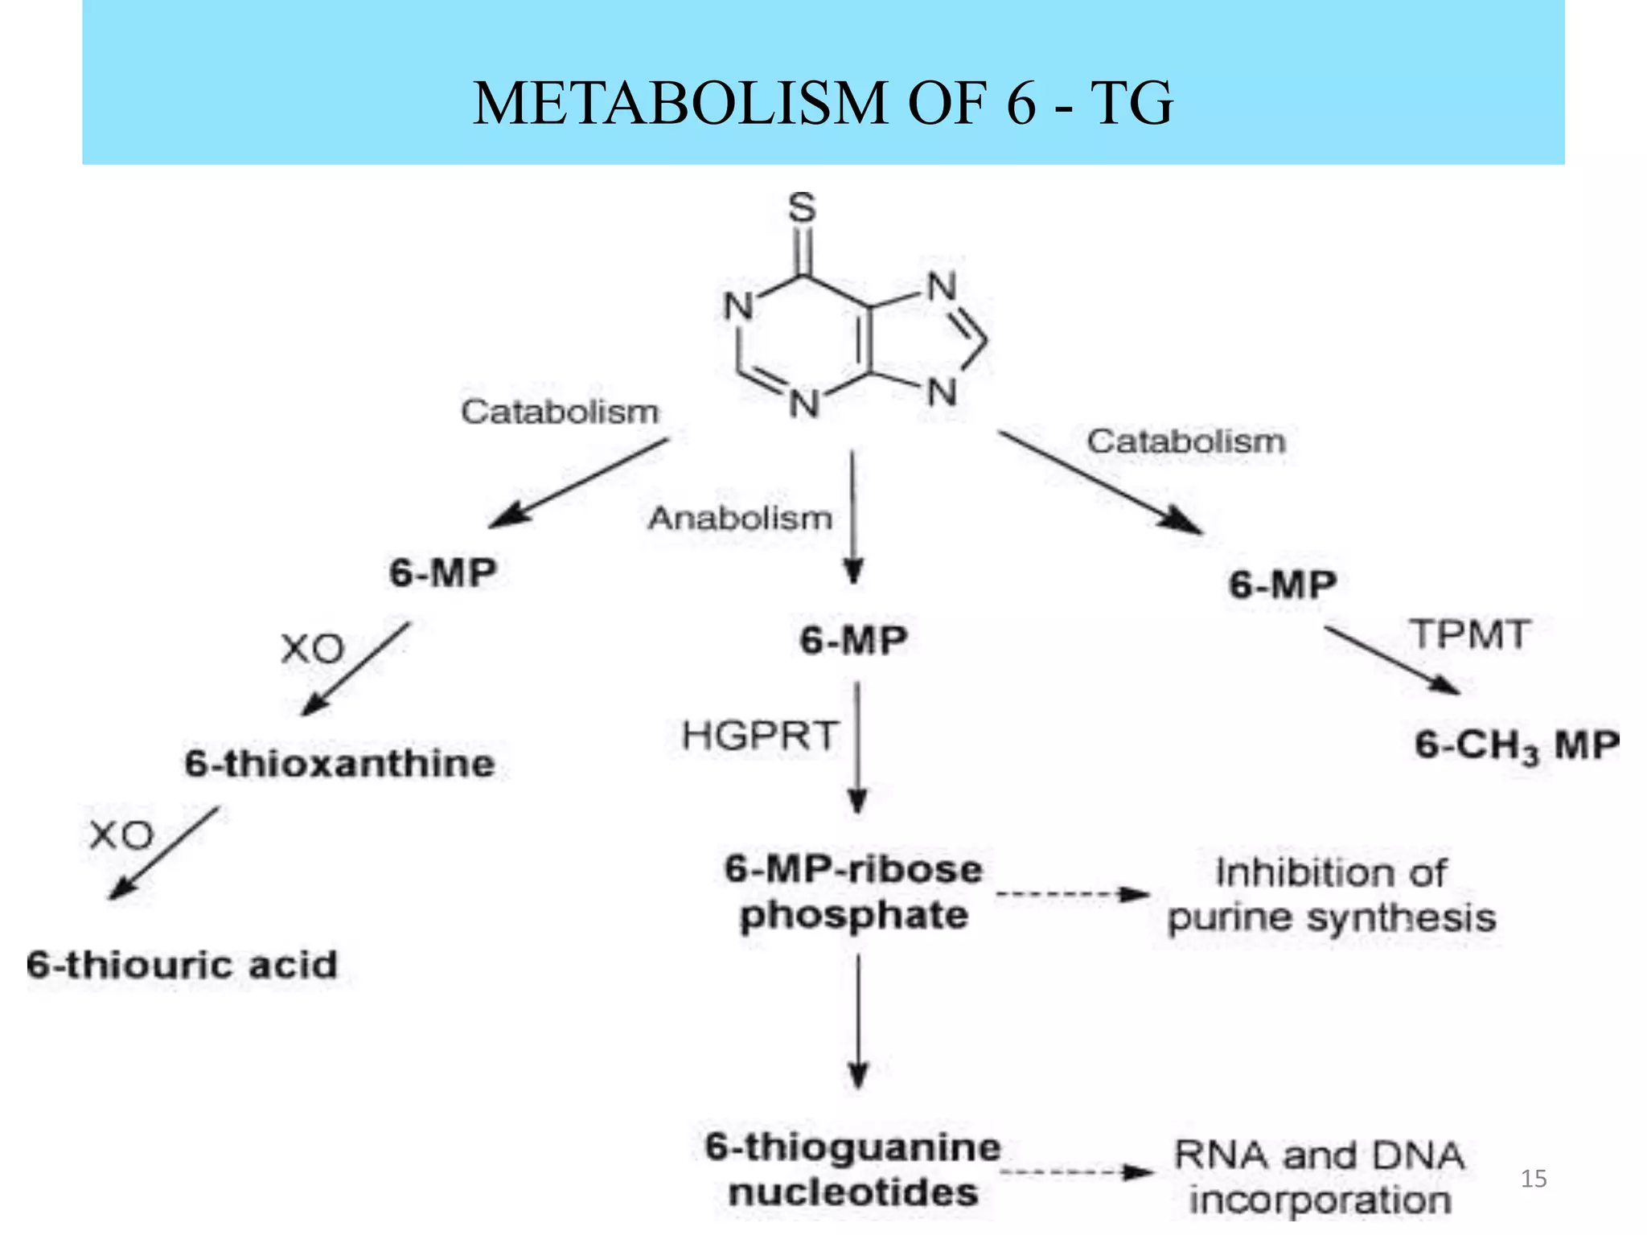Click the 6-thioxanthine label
339,763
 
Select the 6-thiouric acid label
182,965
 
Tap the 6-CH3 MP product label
1517,745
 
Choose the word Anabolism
740,519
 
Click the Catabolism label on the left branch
560,412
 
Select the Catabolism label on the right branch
1186,441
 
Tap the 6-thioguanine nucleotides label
853,1170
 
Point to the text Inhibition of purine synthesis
1331,895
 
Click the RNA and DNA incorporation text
1320,1178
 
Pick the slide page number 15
1534,1179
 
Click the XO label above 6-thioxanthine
313,648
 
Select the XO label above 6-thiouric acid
121,835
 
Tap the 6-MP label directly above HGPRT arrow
854,641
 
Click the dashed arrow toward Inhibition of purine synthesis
1072,894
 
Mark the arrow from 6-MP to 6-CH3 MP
1392,660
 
